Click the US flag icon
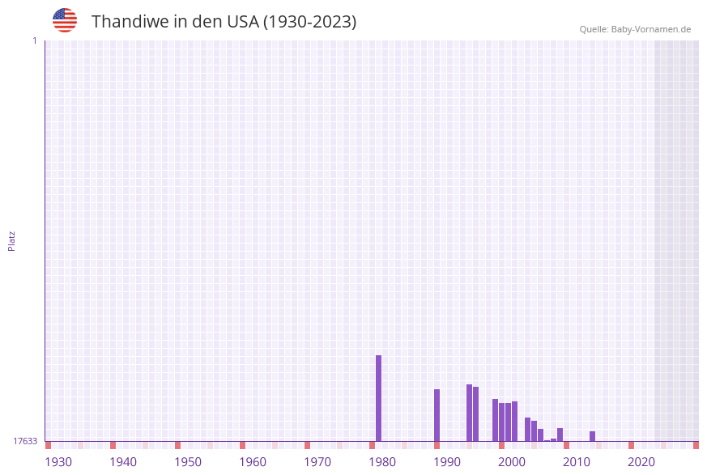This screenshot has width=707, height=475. (65, 20)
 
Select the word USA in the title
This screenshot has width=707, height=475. (242, 22)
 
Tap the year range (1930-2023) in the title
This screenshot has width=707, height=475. (310, 22)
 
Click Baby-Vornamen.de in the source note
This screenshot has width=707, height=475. (651, 29)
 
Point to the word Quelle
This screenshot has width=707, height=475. (593, 29)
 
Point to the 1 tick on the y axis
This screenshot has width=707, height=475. (34, 40)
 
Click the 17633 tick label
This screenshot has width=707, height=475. (25, 441)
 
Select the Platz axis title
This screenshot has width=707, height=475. (12, 240)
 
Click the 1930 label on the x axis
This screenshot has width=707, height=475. (58, 462)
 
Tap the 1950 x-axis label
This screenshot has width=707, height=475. (188, 462)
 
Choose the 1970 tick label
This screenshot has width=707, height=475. (317, 462)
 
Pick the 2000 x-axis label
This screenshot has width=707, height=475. (512, 462)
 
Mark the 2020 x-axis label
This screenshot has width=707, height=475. (641, 462)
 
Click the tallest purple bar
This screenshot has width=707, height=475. (378, 398)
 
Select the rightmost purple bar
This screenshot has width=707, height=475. (592, 436)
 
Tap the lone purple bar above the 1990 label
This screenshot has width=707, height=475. (437, 415)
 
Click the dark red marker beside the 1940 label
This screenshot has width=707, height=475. (113, 445)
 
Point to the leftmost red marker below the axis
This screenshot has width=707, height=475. (48, 445)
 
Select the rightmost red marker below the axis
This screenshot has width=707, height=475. (696, 445)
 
